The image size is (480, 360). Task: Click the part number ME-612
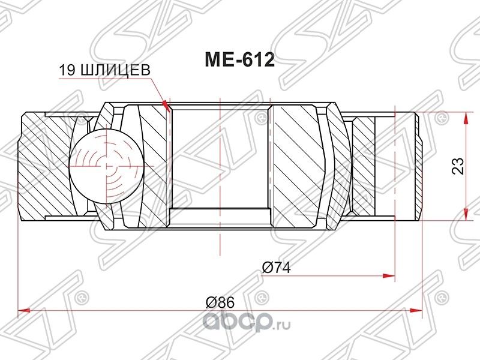[x=240, y=61]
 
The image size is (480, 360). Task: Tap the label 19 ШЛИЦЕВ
[x=104, y=70]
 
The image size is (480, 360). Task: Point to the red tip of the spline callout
[x=167, y=107]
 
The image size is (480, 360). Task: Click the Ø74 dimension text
[x=277, y=268]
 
